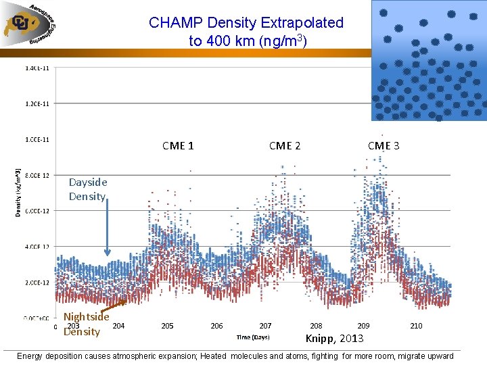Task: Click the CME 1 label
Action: coord(179,145)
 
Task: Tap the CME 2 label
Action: coord(285,145)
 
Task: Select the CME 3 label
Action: coord(384,145)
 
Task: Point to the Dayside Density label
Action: coord(88,189)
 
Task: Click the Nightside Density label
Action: coord(85,324)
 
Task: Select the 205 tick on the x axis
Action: coord(167,326)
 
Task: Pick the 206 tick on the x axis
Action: coord(216,326)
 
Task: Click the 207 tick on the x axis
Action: coord(266,326)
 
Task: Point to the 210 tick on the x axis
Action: coord(416,326)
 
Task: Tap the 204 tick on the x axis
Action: coord(118,326)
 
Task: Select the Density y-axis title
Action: coord(18,193)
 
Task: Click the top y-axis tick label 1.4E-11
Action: coord(37,68)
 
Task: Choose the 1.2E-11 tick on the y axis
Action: coord(37,103)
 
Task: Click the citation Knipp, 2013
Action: coord(334,339)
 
